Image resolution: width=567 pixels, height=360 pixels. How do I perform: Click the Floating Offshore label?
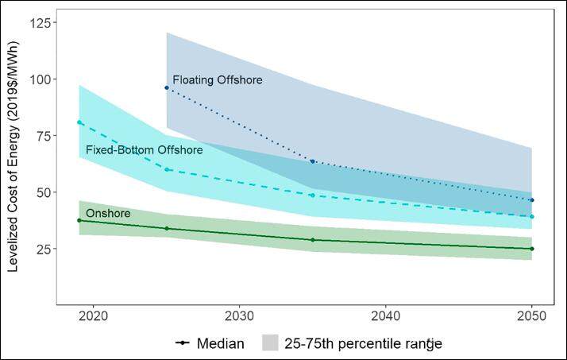point(217,80)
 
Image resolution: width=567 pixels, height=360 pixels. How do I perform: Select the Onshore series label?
point(108,214)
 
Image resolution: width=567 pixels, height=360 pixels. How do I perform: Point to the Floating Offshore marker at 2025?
point(167,87)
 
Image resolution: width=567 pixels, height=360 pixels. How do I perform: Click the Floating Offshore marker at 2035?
point(312,161)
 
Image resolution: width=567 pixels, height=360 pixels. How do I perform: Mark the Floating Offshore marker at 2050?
point(531,199)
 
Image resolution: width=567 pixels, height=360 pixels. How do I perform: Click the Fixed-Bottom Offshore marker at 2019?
point(79,122)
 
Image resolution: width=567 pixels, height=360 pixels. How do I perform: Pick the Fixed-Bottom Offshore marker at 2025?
point(167,169)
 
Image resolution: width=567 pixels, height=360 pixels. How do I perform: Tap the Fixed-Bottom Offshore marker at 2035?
point(312,195)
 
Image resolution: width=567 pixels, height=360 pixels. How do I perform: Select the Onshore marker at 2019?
point(79,220)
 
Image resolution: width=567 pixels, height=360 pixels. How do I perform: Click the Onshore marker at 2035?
point(312,239)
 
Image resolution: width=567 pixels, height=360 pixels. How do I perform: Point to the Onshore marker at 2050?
point(531,249)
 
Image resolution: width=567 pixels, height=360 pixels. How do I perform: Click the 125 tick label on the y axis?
point(41,23)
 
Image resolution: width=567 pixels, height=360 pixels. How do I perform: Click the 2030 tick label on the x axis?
point(240,315)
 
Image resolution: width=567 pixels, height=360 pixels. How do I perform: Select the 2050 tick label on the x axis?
point(531,315)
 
